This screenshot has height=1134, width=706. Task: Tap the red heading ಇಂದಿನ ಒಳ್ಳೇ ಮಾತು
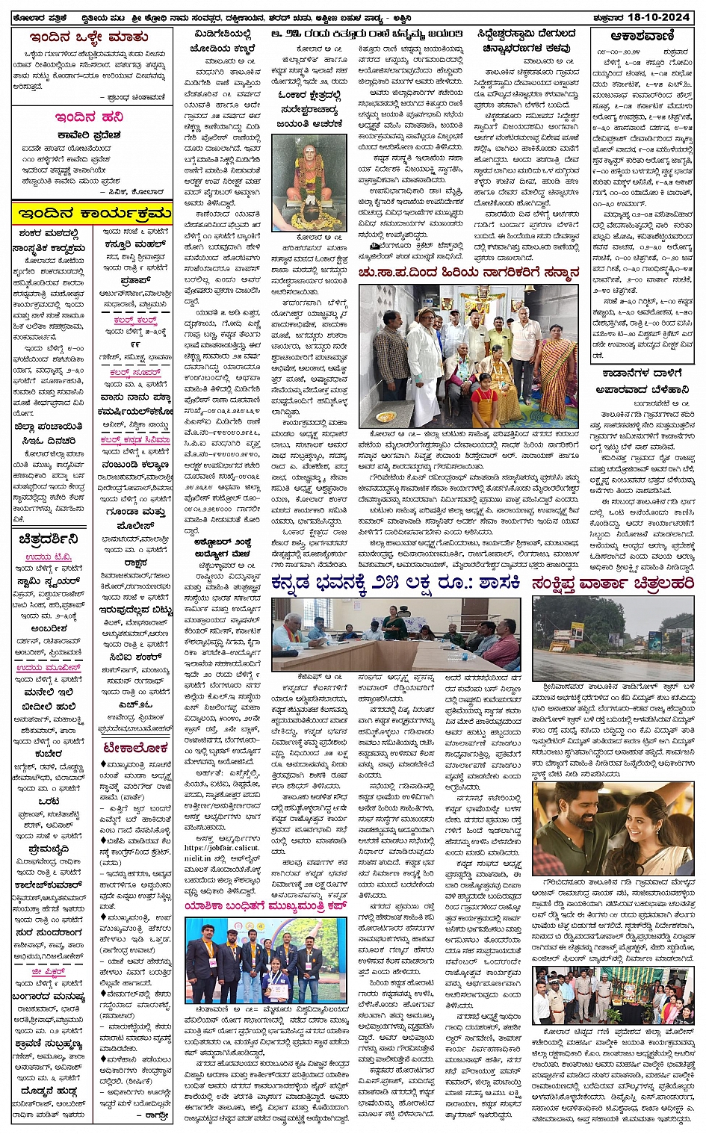coord(89,37)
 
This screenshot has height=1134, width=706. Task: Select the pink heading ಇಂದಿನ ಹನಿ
coord(89,117)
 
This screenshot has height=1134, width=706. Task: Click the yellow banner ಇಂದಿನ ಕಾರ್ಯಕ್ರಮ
coord(91,214)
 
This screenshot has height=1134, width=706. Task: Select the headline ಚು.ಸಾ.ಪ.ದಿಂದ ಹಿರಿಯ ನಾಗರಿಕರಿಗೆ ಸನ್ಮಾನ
coord(468,273)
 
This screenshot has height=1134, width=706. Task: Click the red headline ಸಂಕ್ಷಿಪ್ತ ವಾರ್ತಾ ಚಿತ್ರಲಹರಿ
coord(613,583)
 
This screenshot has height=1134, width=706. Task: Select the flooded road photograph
coord(613,638)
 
